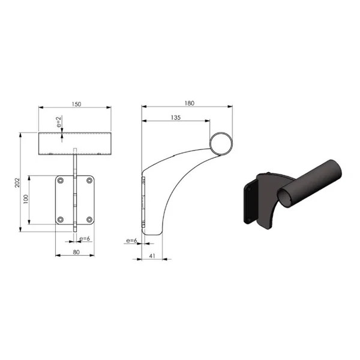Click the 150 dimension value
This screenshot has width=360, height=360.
76,104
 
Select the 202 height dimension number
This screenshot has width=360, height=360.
17,182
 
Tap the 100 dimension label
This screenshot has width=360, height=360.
26,199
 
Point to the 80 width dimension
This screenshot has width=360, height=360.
76,252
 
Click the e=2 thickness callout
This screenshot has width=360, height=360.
59,122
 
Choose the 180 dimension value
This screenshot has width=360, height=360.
190,103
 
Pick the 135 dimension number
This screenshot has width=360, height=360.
176,118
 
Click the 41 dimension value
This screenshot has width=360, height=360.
152,256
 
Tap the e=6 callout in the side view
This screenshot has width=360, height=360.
131,241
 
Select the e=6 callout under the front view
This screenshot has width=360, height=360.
85,239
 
